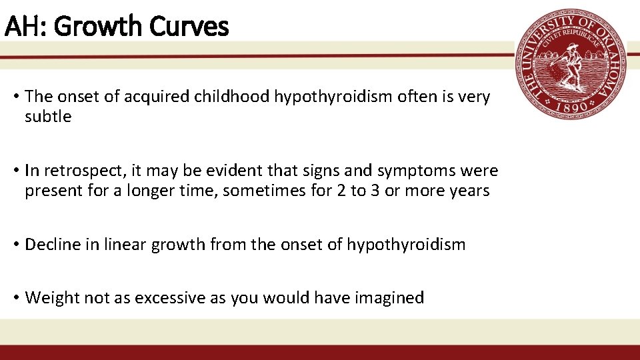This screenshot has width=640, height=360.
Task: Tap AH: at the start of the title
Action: pos(26,27)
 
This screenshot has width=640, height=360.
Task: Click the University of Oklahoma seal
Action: pos(571,65)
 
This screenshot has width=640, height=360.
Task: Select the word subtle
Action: pos(48,117)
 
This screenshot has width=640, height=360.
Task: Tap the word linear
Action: pos(126,245)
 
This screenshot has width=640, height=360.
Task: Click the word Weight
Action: pos(47,298)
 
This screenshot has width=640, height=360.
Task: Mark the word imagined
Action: pos(392,298)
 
